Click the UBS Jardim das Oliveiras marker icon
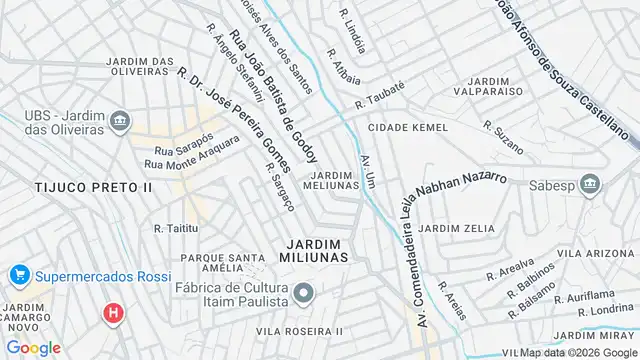click(121, 122)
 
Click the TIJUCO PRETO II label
click(79, 187)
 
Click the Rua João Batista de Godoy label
click(272, 97)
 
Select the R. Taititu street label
click(176, 228)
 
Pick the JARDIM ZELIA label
click(456, 228)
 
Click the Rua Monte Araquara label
click(196, 153)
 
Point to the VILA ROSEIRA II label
click(299, 330)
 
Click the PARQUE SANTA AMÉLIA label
click(222, 262)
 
